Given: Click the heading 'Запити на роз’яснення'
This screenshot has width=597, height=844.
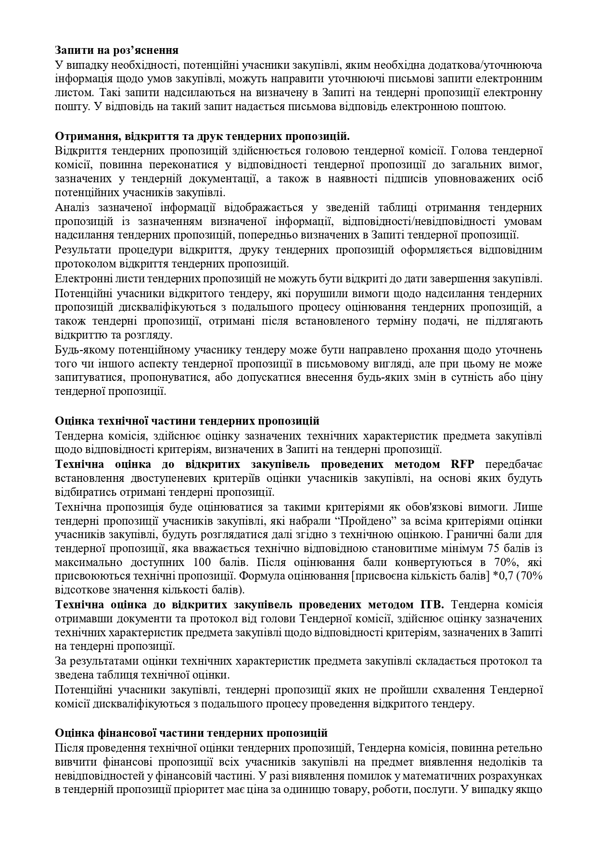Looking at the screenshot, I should click(x=117, y=50).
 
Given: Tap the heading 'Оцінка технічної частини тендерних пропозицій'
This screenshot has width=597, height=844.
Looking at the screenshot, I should click(x=187, y=421).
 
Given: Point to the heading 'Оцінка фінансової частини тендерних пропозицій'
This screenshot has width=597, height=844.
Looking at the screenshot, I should click(x=191, y=733).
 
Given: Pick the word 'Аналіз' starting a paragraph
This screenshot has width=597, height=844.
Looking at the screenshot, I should click(x=71, y=208).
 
